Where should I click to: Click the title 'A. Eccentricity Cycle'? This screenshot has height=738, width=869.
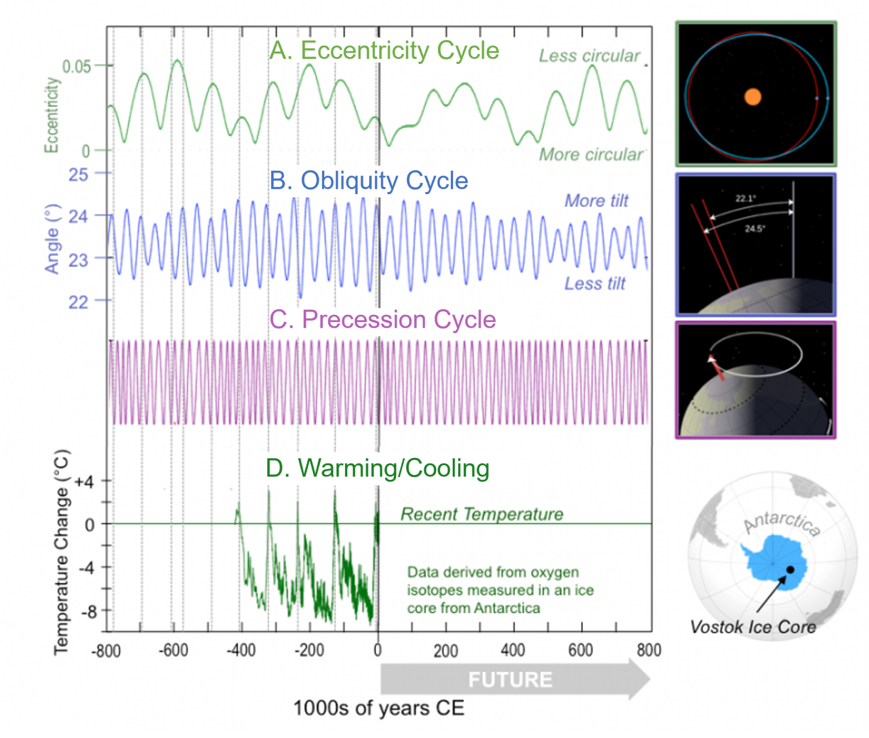tap(384, 50)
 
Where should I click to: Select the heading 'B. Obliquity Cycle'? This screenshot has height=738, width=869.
tap(368, 181)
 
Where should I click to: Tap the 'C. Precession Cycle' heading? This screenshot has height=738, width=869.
tap(382, 319)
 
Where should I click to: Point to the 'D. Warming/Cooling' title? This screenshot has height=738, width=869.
tap(377, 468)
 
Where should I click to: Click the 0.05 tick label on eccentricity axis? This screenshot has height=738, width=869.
tap(76, 67)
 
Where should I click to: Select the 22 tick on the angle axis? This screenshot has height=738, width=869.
tap(78, 302)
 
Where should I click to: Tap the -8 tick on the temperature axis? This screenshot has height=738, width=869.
tap(88, 612)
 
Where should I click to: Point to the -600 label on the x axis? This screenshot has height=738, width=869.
tap(173, 650)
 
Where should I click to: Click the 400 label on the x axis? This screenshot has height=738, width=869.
tap(513, 650)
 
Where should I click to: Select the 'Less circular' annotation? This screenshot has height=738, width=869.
tap(589, 56)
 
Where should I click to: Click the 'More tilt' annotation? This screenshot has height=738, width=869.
tap(596, 201)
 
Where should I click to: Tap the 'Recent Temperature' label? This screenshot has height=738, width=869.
tap(481, 514)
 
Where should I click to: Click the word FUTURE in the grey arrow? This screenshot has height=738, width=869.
tap(510, 680)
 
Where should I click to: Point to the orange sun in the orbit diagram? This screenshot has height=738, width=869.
tap(752, 97)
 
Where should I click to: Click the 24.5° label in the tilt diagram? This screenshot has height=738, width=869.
tap(755, 229)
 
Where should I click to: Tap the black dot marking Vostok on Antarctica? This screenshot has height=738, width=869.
tap(790, 569)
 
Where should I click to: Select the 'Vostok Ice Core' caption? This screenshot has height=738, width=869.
tap(753, 627)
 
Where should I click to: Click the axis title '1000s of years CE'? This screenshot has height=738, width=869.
tap(378, 708)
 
